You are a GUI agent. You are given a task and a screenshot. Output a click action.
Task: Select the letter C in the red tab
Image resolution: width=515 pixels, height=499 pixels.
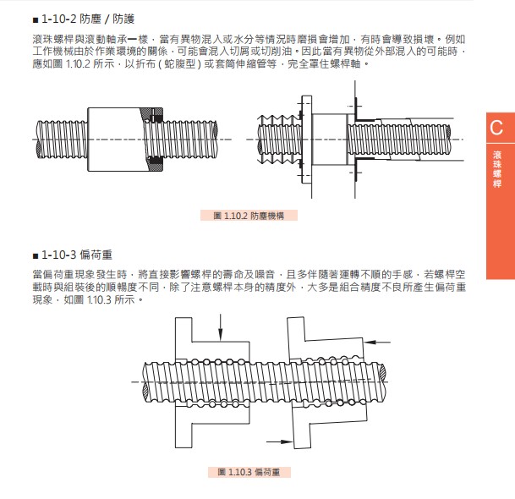pos(496,129)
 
